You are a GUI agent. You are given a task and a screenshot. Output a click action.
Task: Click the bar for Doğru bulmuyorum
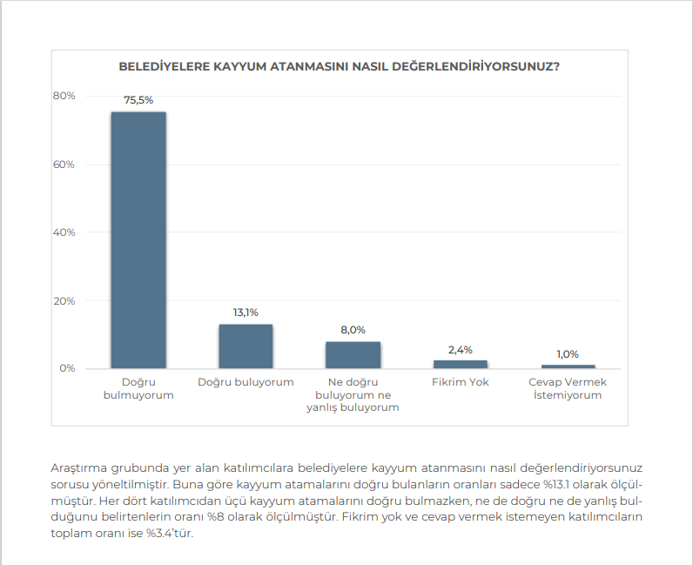(138, 239)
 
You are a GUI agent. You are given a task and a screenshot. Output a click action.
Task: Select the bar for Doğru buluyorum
(246, 346)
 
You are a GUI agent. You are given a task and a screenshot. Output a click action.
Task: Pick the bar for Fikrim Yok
(461, 364)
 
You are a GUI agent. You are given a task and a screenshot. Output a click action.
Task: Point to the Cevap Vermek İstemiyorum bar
(568, 367)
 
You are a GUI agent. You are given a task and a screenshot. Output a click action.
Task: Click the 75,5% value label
(138, 100)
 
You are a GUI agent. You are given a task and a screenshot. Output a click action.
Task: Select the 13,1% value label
(246, 313)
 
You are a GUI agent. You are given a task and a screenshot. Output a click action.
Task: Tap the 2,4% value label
(461, 349)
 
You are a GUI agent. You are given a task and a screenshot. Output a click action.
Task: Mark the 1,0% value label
(568, 353)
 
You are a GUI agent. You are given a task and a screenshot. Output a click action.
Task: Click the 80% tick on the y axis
(64, 96)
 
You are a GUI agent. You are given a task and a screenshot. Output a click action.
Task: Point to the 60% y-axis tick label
(64, 165)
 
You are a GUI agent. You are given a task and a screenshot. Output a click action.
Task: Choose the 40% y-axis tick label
(64, 232)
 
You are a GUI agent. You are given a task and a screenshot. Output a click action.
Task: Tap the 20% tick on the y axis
(64, 301)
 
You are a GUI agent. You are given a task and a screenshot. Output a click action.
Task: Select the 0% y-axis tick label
(67, 369)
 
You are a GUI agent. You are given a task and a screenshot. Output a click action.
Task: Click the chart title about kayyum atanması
(339, 65)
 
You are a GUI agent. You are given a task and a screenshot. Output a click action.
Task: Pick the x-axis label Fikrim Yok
(461, 382)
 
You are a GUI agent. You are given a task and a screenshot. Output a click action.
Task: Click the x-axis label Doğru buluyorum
(246, 382)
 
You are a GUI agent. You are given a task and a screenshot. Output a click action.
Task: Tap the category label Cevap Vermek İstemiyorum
(568, 388)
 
